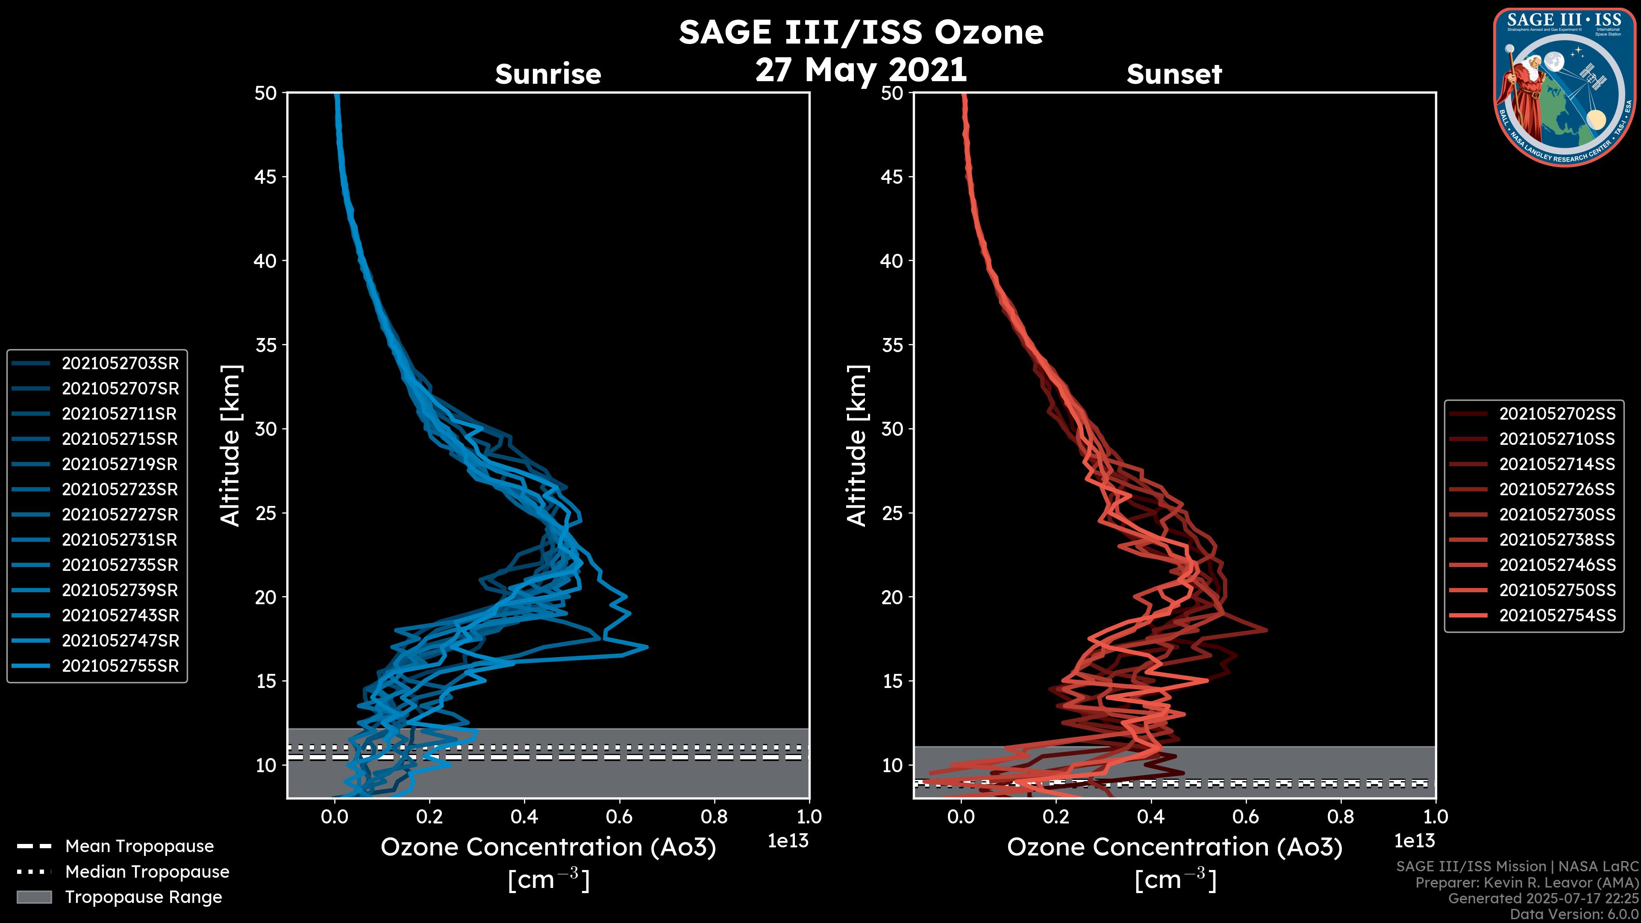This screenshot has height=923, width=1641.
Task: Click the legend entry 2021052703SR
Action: (120, 363)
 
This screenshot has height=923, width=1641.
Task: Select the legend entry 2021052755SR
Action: (120, 666)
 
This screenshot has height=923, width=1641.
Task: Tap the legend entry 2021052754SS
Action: (1557, 615)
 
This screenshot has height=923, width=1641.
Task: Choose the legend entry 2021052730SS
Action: (1557, 514)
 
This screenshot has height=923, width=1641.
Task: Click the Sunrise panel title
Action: (548, 74)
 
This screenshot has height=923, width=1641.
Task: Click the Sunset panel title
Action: (1174, 74)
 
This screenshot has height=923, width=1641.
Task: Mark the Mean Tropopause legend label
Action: (139, 846)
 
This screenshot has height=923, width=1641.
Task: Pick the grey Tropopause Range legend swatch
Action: (34, 897)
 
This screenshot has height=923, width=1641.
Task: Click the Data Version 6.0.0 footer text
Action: (1575, 915)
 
